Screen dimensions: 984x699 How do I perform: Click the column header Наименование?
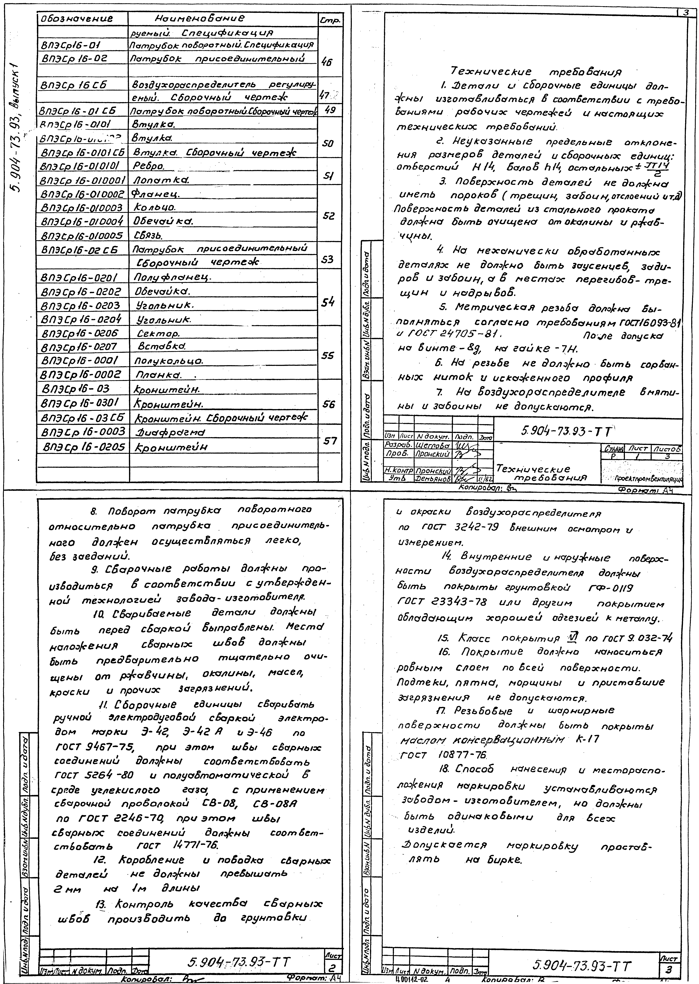click(196, 19)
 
